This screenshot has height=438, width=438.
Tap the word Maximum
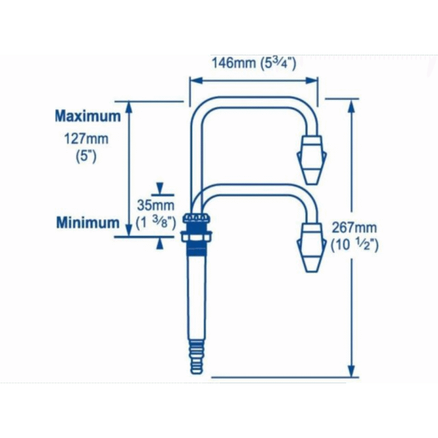(88, 116)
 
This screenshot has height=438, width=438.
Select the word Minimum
(88, 222)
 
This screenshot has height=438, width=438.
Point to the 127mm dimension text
(86, 139)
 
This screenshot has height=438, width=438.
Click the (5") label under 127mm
(86, 157)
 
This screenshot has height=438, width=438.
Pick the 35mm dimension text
(156, 205)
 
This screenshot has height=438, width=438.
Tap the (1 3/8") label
(156, 223)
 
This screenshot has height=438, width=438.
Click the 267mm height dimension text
(354, 228)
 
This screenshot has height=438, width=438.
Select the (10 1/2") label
(355, 245)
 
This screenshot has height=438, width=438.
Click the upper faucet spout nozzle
(311, 160)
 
